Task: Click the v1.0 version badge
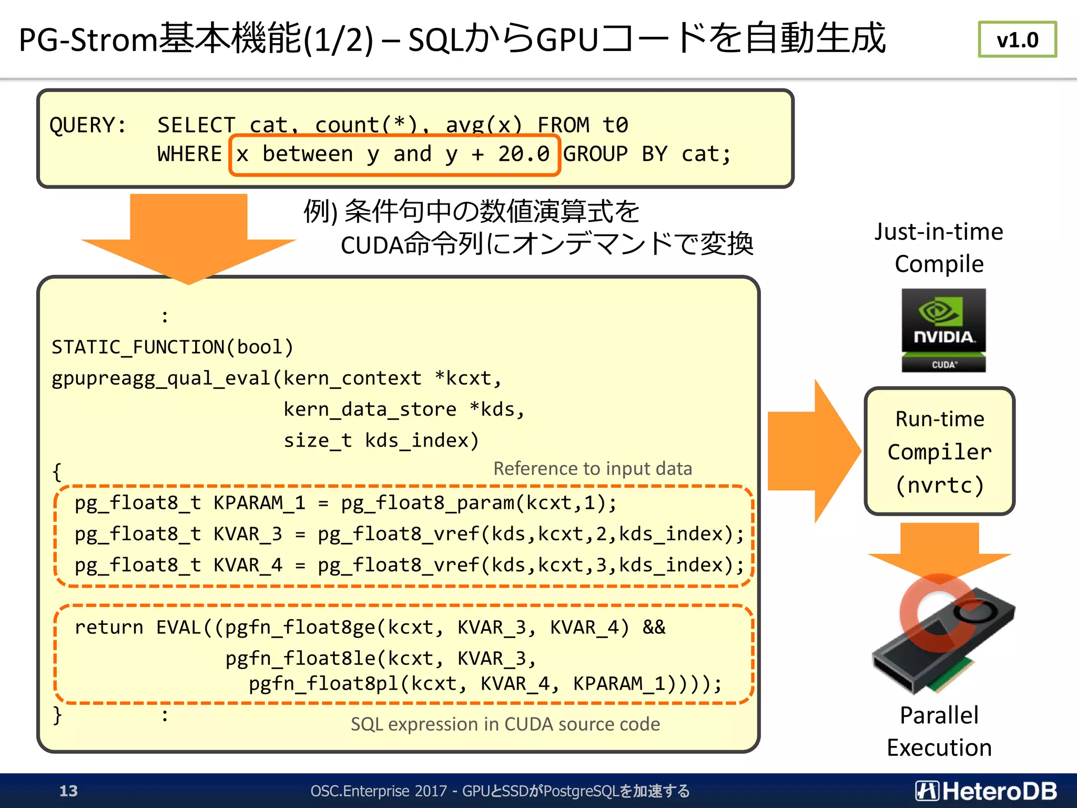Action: coord(1017,39)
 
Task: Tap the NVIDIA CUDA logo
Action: coord(943,330)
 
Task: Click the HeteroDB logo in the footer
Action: coord(986,791)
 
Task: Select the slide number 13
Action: coord(68,791)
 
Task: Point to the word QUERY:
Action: coord(88,125)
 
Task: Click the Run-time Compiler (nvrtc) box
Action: coord(939,451)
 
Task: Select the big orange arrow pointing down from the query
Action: coord(189,237)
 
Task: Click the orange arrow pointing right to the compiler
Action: coord(812,451)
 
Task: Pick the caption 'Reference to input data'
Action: coord(593,469)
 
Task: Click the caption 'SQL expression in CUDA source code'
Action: coord(505,724)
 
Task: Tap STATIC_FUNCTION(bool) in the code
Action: coord(172,347)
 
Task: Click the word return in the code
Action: coord(109,627)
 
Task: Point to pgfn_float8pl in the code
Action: coord(323,683)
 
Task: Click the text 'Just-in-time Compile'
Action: coord(939,247)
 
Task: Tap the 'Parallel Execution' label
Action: coord(939,731)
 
